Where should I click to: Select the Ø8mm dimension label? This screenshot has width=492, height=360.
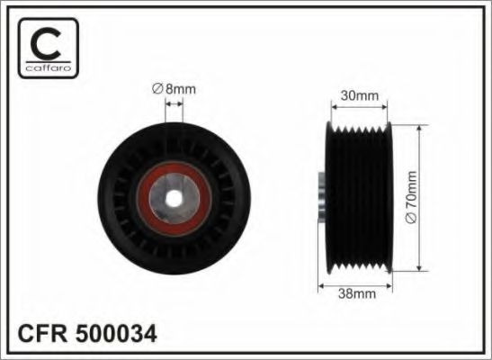click(x=174, y=89)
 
